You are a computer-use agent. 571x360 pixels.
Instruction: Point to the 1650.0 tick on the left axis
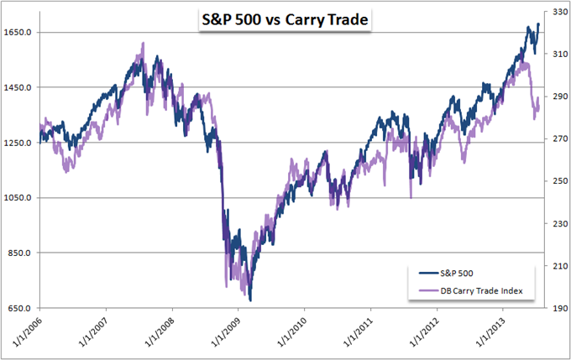18,32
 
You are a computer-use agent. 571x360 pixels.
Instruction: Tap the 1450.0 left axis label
18,87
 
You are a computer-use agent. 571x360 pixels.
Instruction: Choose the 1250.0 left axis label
18,143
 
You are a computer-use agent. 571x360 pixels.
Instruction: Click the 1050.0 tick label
18,198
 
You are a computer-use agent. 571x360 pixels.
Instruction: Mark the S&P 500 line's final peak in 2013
538,23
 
